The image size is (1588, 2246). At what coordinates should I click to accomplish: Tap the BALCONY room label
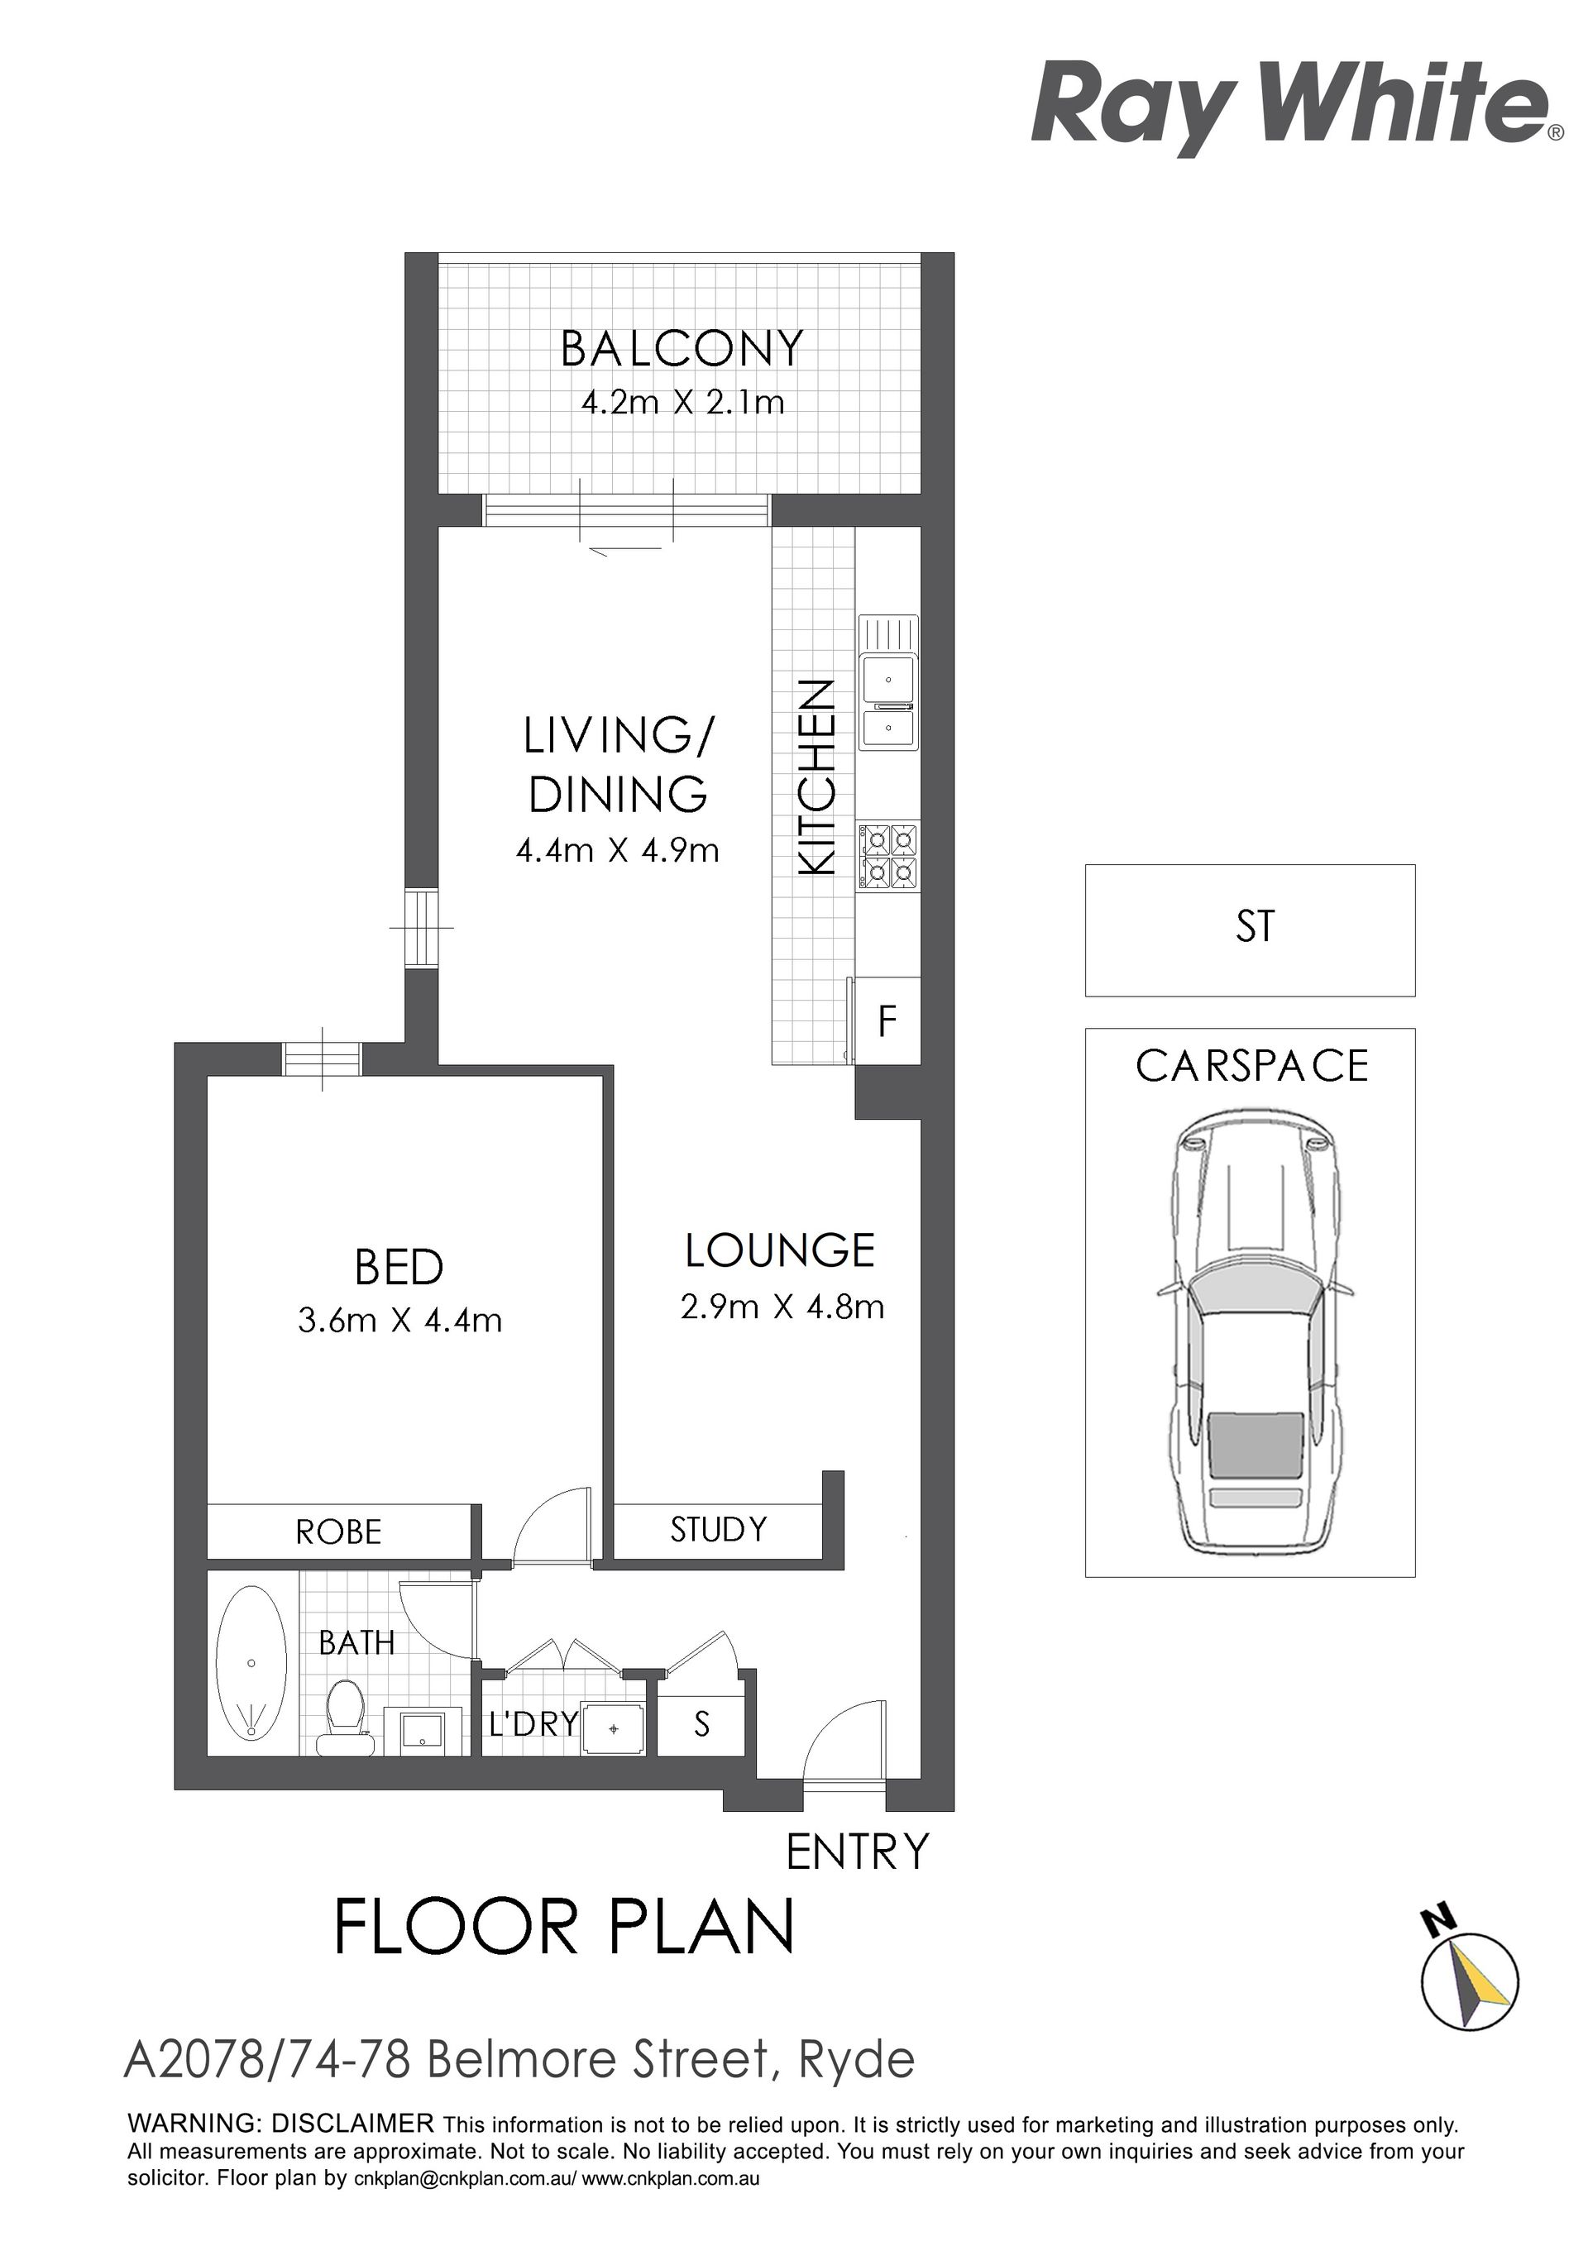tap(682, 348)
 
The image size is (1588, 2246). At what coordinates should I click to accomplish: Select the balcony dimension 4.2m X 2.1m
tap(683, 402)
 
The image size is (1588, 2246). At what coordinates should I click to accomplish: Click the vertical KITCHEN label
tap(817, 777)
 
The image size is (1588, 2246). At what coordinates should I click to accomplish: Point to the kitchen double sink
tap(888, 684)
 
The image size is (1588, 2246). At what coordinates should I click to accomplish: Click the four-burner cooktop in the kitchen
tap(888, 856)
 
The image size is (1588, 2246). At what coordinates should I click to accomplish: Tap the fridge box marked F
tap(887, 1020)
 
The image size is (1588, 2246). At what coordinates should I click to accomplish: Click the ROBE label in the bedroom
tap(338, 1532)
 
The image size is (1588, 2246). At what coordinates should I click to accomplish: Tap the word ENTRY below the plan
tap(857, 1852)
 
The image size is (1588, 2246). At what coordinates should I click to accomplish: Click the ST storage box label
tap(1256, 926)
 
